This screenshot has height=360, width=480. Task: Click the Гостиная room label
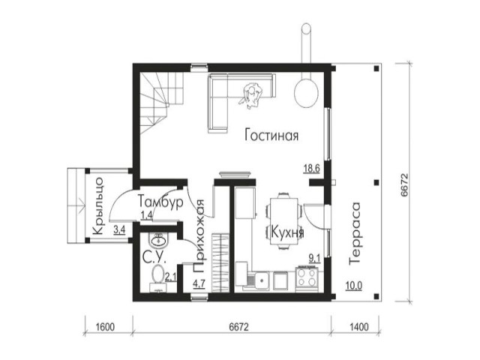pyautogui.click(x=271, y=135)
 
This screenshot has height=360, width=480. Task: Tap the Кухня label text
pyautogui.click(x=288, y=232)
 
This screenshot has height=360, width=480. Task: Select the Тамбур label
pyautogui.click(x=160, y=202)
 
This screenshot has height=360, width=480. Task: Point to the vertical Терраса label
pyautogui.click(x=355, y=233)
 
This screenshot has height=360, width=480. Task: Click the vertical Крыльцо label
pyautogui.click(x=97, y=205)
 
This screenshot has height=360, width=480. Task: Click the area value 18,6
pyautogui.click(x=312, y=168)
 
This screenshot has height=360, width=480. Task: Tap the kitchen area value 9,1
pyautogui.click(x=314, y=259)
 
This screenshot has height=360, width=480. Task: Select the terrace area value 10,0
pyautogui.click(x=354, y=286)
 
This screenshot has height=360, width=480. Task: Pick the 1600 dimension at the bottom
pyautogui.click(x=105, y=327)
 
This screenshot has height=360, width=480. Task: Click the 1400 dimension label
pyautogui.click(x=358, y=327)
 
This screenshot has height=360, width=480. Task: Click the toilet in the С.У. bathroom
pyautogui.click(x=157, y=278)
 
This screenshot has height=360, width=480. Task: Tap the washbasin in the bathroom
pyautogui.click(x=158, y=239)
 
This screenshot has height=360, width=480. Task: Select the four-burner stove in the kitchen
pyautogui.click(x=307, y=278)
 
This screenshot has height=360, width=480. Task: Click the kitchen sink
pyautogui.click(x=260, y=280)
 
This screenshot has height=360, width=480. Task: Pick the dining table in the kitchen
pyautogui.click(x=284, y=221)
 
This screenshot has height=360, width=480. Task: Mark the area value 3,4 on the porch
pyautogui.click(x=119, y=229)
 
